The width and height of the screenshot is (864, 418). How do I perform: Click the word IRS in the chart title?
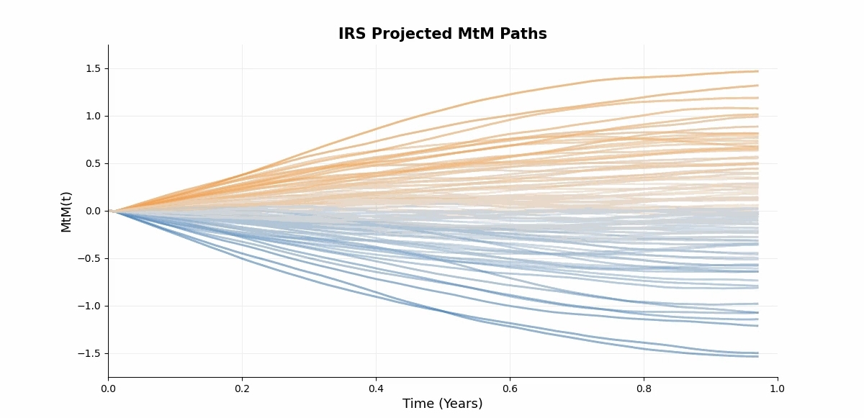pyautogui.click(x=351, y=34)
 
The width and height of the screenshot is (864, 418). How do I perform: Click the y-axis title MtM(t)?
pyautogui.click(x=66, y=212)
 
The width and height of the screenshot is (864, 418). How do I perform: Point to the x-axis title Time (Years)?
pyautogui.click(x=442, y=404)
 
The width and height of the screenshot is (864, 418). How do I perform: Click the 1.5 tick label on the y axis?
pyautogui.click(x=94, y=69)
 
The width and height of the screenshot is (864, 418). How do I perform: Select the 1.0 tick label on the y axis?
pyautogui.click(x=94, y=117)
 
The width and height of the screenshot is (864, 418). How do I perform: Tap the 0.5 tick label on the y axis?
pyautogui.click(x=94, y=164)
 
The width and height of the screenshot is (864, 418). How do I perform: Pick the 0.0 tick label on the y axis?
pyautogui.click(x=94, y=212)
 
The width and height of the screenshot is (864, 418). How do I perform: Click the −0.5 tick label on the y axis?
pyautogui.click(x=91, y=259)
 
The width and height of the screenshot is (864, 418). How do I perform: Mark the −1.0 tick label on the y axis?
pyautogui.click(x=91, y=306)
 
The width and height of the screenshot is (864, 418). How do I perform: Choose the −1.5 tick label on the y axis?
pyautogui.click(x=91, y=354)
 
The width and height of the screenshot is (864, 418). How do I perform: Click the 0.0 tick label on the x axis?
pyautogui.click(x=108, y=389)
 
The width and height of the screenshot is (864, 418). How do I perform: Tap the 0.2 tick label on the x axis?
pyautogui.click(x=242, y=389)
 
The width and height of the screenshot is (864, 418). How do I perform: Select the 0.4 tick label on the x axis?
pyautogui.click(x=376, y=389)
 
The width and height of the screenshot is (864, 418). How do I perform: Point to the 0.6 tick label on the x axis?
pyautogui.click(x=510, y=389)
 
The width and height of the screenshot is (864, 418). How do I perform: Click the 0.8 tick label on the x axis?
pyautogui.click(x=644, y=389)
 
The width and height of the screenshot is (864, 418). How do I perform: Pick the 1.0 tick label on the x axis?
pyautogui.click(x=778, y=389)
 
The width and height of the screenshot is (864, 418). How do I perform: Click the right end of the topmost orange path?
pyautogui.click(x=757, y=71)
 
